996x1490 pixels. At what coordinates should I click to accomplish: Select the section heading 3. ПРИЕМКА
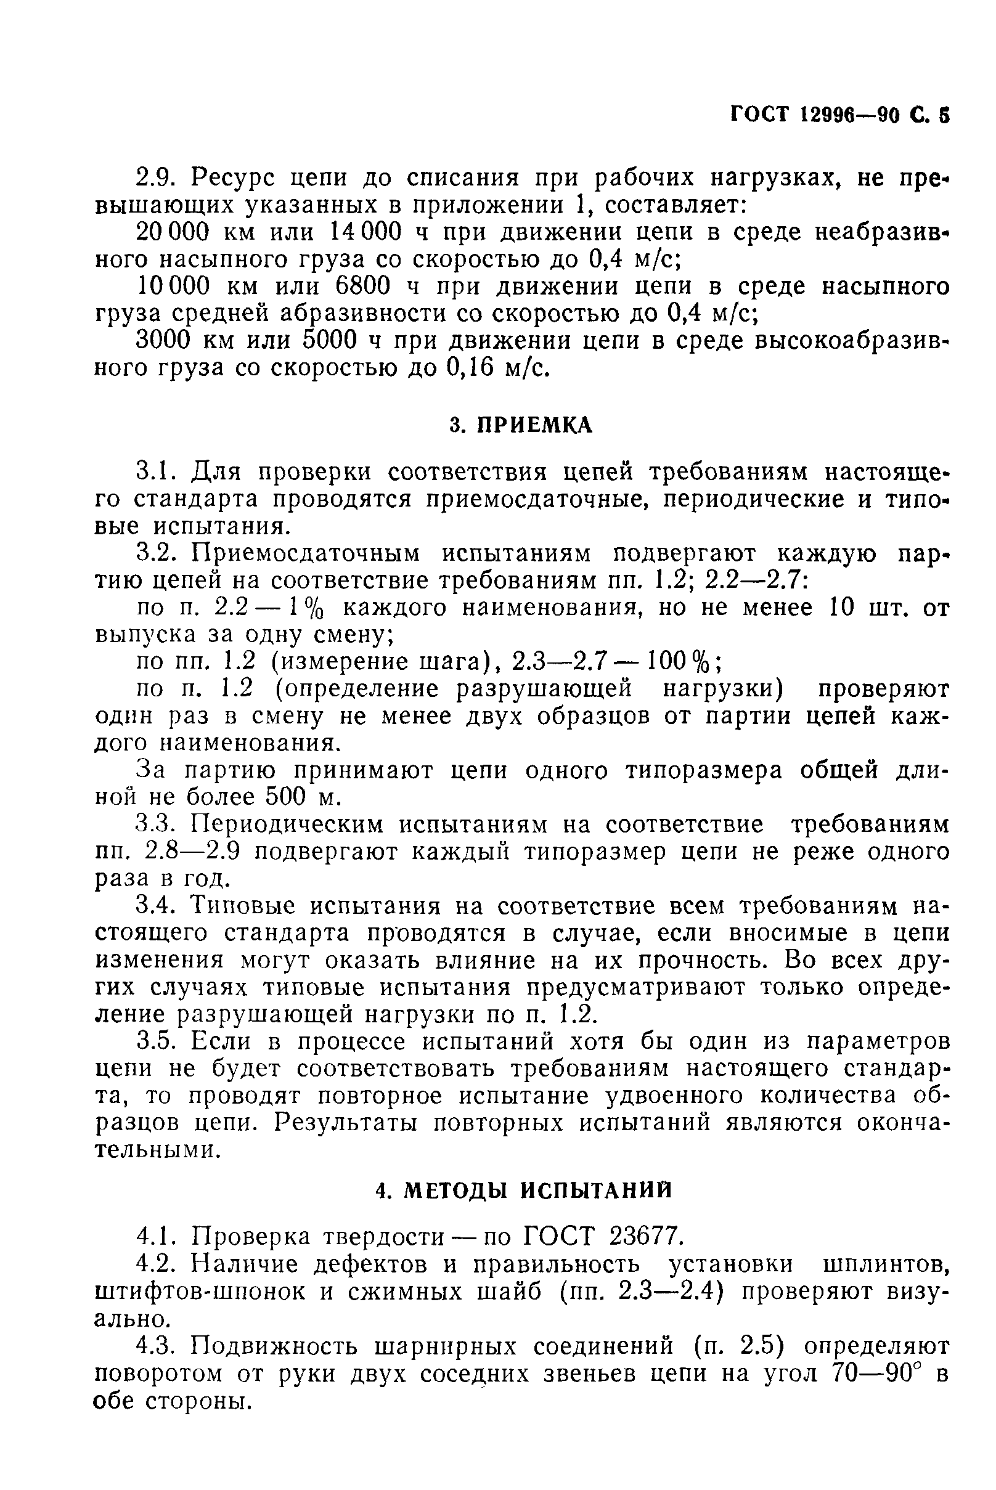521,426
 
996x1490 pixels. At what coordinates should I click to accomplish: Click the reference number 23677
647,1237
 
